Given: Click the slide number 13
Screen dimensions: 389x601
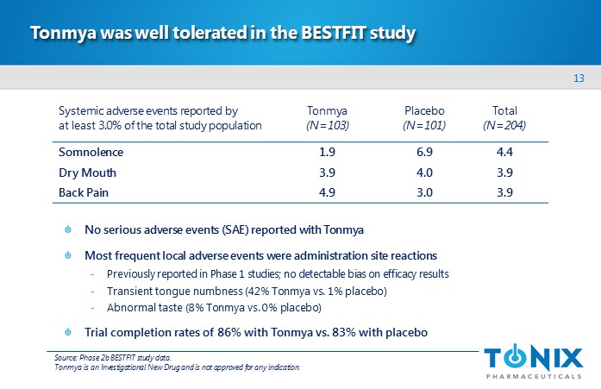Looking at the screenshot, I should click(579, 80).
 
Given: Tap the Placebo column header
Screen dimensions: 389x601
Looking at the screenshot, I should click(423, 111).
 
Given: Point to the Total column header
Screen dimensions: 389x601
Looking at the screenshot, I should click(504, 111).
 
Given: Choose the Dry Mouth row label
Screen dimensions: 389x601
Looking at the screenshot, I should click(87, 173).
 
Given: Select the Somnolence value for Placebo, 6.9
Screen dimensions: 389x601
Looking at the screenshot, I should click(423, 153).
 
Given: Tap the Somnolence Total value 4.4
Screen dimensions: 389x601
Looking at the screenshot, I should click(504, 153).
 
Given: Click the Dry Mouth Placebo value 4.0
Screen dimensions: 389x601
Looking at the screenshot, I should click(423, 173).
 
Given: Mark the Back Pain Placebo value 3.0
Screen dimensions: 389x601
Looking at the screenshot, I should click(423, 192).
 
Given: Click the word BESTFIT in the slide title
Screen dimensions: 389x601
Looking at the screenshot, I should click(335, 35).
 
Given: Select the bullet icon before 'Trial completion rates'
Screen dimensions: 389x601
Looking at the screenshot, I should click(68, 332).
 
